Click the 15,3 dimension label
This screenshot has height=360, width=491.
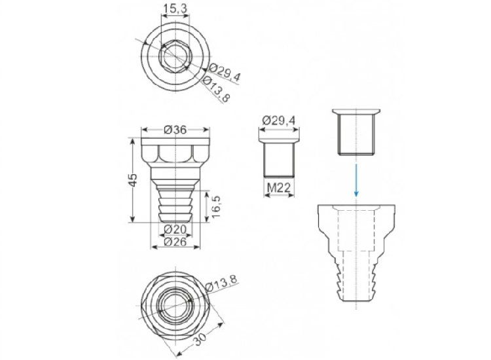point(175,9)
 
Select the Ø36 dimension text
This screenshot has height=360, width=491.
point(175,130)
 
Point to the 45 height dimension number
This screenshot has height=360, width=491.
point(133,180)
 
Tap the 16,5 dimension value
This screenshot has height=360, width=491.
point(216,207)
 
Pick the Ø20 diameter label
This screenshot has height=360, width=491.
point(175,230)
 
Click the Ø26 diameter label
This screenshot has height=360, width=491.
point(175,242)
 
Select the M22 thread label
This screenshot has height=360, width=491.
point(279,188)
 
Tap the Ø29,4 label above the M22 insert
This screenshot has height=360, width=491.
point(279,120)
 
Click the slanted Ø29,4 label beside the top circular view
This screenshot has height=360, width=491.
point(224,72)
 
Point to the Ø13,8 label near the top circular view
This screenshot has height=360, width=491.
point(217,89)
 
